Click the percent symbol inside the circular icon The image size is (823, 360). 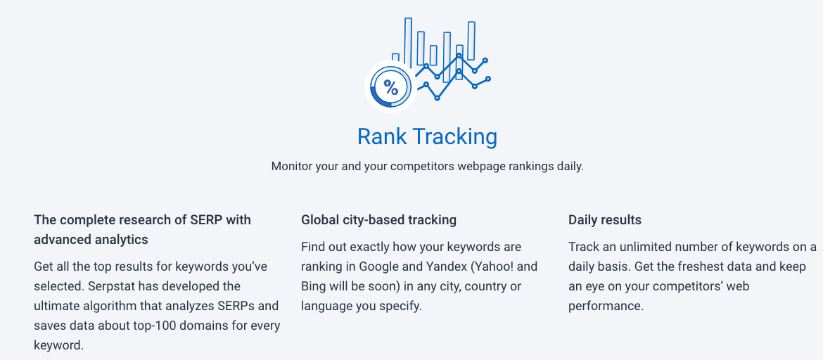coord(390,88)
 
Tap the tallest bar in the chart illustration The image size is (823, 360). coord(408,42)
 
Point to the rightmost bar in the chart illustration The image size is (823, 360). coord(471,41)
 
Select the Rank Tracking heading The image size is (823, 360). coord(427,136)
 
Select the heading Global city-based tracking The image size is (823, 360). coord(378,220)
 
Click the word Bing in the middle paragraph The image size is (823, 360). coord(313,287)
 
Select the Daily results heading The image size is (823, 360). coord(605,220)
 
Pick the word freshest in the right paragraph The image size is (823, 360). coord(698,267)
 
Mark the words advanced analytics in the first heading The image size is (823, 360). coord(91,240)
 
